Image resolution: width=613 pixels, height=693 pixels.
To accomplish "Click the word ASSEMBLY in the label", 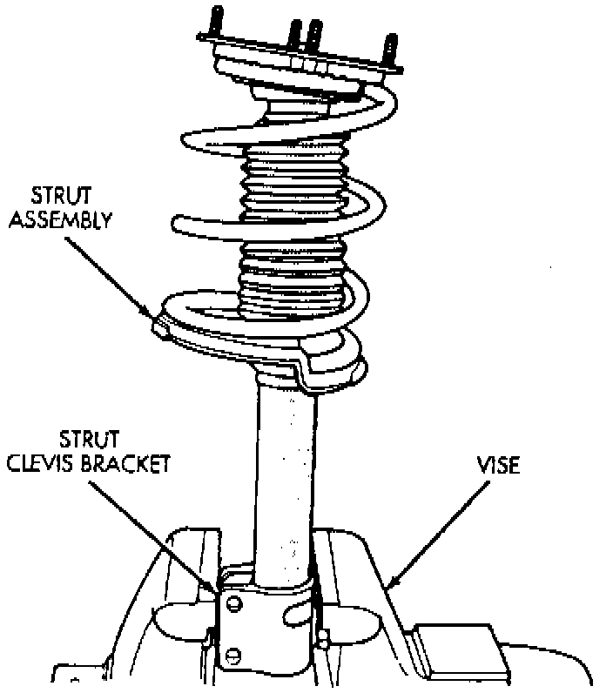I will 73,219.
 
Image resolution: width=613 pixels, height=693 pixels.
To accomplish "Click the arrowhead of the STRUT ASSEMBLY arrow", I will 153,315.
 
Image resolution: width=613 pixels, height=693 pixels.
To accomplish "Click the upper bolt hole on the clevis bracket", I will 233,603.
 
